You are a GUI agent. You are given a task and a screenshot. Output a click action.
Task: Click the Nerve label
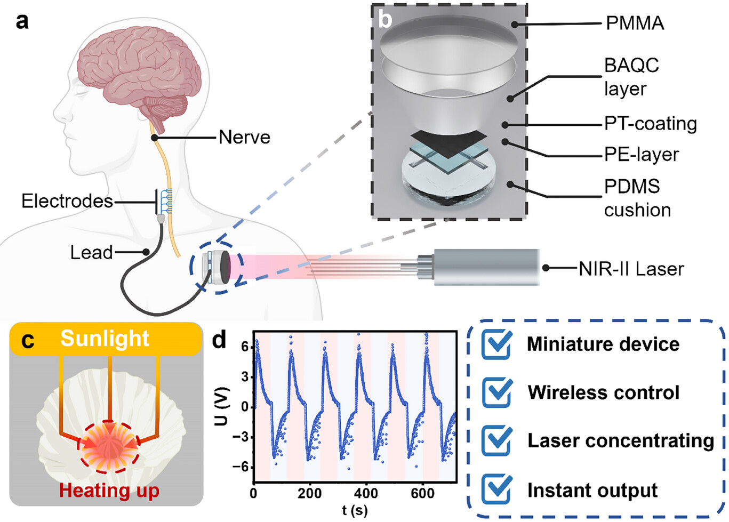coord(244,137)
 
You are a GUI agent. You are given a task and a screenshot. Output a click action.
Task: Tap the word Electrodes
coord(67,201)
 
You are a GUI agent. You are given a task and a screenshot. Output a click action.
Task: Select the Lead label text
coord(91,252)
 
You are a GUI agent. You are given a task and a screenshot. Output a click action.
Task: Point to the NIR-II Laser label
coord(631,269)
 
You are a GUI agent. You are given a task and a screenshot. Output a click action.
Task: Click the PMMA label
coord(635,23)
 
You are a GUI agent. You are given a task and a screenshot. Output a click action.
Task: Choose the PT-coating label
coord(651,124)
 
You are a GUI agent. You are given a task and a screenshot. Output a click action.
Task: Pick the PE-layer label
coord(642,154)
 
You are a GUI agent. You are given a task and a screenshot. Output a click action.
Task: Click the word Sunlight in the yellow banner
coord(105,339)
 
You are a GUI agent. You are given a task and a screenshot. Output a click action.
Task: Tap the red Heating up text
coord(109,491)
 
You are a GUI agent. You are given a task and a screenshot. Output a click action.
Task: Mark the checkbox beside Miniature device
coord(496,344)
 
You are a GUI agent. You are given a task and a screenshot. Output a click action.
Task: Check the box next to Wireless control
coord(496,392)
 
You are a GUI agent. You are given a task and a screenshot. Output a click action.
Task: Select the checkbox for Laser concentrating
coord(496,440)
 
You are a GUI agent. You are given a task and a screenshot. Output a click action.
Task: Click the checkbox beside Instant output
coord(496,489)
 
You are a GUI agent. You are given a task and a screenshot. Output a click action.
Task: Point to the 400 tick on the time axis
coord(366,493)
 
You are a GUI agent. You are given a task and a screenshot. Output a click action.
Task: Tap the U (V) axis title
coord(221,406)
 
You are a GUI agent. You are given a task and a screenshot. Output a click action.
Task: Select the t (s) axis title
coord(355,510)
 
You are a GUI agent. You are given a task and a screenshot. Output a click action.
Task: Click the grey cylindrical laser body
coord(487,268)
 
